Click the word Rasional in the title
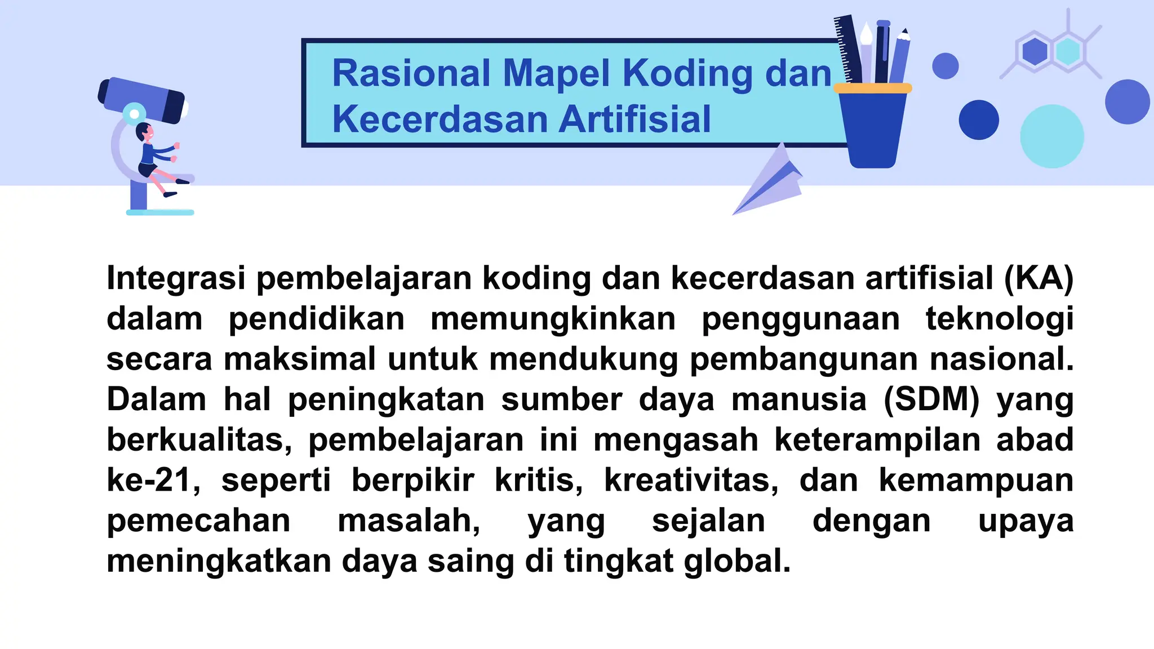[x=411, y=74]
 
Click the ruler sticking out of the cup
[x=849, y=48]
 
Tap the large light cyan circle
[x=1051, y=136]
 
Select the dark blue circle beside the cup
[x=979, y=120]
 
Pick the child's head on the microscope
[x=144, y=133]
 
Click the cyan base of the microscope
[x=160, y=212]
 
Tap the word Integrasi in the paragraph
[x=176, y=278]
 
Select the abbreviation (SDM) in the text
[x=931, y=399]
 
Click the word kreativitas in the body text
[x=691, y=481]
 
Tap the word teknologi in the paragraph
[x=1000, y=319]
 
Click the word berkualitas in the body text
[x=199, y=440]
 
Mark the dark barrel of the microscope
[x=142, y=100]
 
